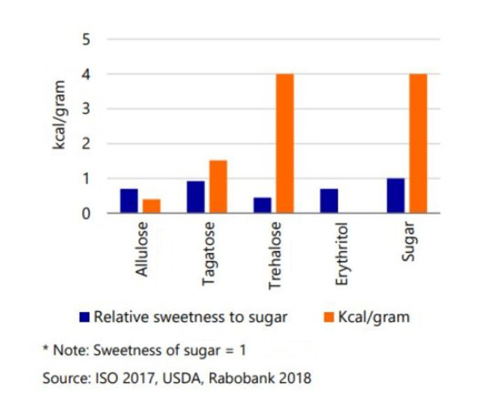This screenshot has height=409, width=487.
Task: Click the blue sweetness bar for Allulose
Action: pyautogui.click(x=129, y=201)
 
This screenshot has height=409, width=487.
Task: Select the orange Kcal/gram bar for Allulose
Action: pyautogui.click(x=151, y=206)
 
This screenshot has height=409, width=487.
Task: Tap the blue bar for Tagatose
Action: pyautogui.click(x=195, y=197)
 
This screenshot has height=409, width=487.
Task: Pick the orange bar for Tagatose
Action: pyautogui.click(x=218, y=187)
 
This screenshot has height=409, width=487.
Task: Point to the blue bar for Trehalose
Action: pyautogui.click(x=262, y=205)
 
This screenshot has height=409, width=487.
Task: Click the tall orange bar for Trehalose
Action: pyautogui.click(x=285, y=143)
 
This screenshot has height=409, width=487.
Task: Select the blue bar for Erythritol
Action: pyautogui.click(x=329, y=201)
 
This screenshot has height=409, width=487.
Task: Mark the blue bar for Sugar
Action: pyautogui.click(x=396, y=195)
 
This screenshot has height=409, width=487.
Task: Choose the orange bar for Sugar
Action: pyautogui.click(x=418, y=143)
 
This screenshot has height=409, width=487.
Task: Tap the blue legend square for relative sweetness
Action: pyautogui.click(x=84, y=317)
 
